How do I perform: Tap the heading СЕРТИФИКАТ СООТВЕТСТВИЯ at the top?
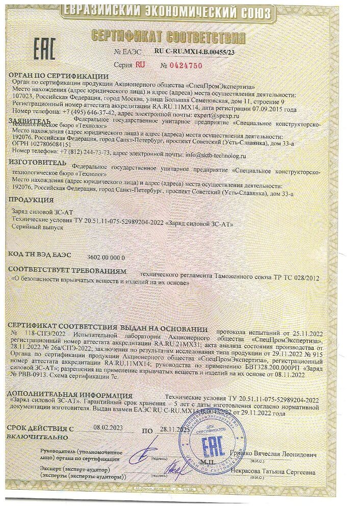point(168,37)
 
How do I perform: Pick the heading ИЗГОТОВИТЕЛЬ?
point(38,162)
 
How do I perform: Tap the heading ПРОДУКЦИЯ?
point(32,199)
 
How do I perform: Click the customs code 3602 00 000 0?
point(106,258)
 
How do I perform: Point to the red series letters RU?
point(139,65)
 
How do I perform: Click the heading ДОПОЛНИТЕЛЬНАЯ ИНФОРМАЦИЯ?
point(70,395)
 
